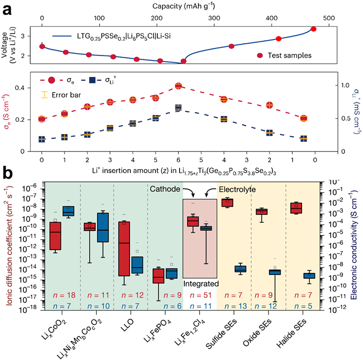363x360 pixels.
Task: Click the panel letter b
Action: point(7,173)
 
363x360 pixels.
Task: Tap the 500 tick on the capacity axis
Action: point(329,18)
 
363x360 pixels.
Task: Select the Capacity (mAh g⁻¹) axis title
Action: point(183,6)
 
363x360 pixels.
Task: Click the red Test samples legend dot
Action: point(260,55)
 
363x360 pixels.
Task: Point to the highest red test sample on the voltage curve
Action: point(314,29)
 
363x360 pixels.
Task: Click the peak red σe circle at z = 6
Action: point(178,86)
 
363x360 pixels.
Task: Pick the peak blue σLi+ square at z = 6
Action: point(178,107)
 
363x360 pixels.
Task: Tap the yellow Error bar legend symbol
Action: point(44,95)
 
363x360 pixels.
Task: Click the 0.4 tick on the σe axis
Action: point(20,88)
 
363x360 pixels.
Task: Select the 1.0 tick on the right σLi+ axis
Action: point(345,86)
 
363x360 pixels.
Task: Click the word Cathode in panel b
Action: point(165,189)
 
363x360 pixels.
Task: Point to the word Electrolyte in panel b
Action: point(237,189)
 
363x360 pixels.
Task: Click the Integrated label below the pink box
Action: point(201,284)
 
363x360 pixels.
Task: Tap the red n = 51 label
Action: point(201,295)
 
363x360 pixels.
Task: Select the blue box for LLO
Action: point(137,265)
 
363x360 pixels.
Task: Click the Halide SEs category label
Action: point(292,333)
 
